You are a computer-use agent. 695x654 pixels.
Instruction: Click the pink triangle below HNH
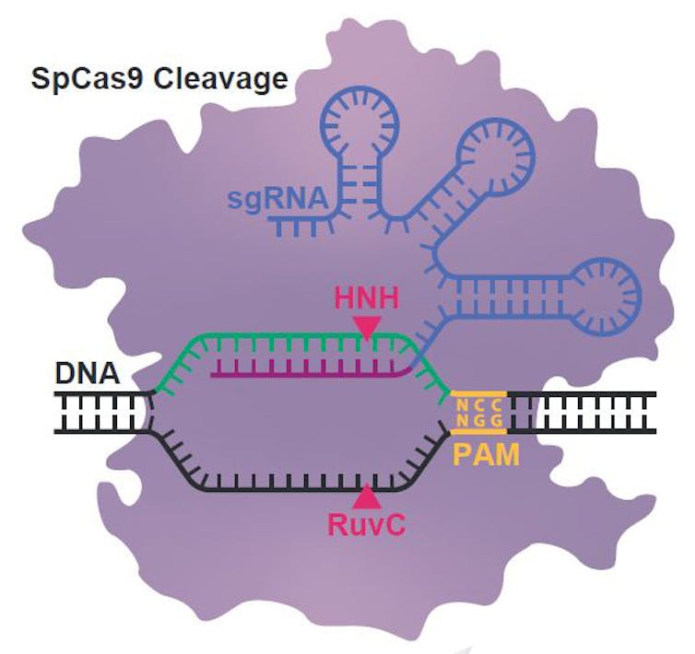coord(368,328)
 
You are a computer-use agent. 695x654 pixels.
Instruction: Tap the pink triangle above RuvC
coord(368,497)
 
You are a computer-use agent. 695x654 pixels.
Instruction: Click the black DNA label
coord(88,376)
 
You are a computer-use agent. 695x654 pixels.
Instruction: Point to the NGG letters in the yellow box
coord(478,420)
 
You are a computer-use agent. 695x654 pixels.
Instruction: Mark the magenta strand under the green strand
coord(304,373)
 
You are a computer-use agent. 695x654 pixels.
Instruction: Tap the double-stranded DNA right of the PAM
coord(582,412)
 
